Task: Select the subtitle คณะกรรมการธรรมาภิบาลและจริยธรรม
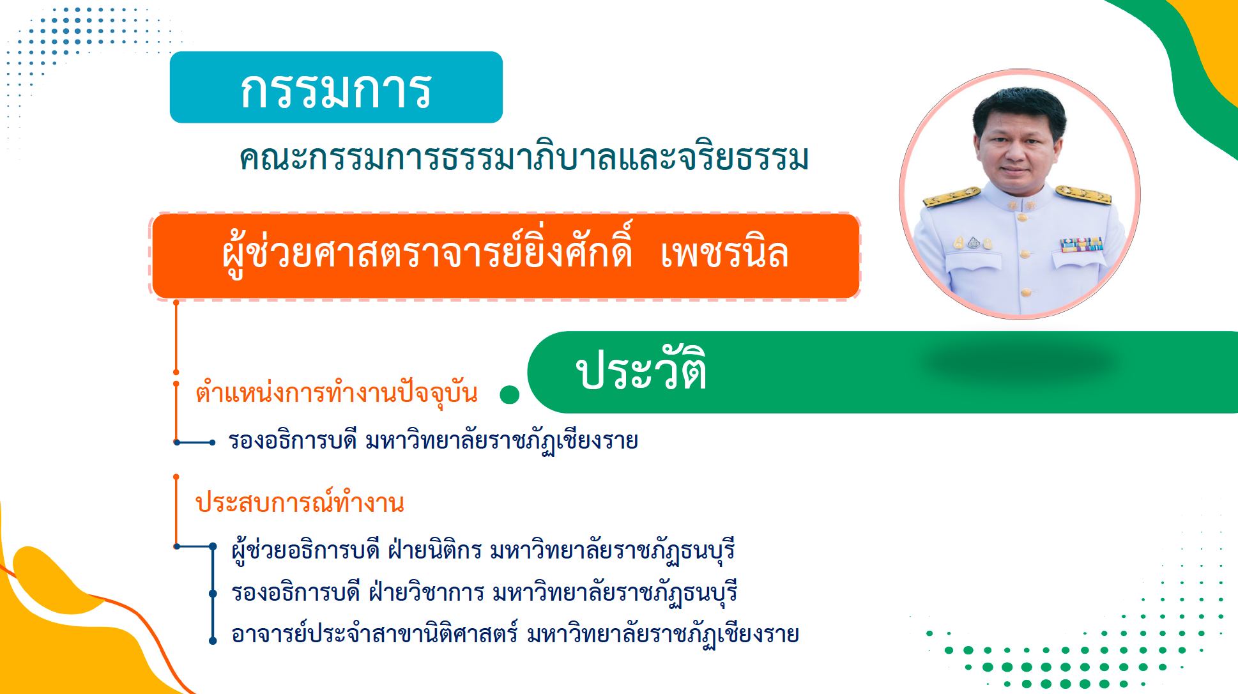click(524, 158)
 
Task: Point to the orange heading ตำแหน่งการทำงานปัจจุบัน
click(337, 392)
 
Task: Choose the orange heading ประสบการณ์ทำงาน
click(300, 503)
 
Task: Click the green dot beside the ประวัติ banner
click(509, 395)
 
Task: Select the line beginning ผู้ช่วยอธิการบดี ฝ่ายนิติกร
click(484, 550)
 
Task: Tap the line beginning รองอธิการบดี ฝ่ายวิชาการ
click(485, 592)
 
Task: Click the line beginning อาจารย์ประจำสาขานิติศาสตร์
click(516, 635)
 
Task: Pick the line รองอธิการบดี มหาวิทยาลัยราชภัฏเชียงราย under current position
click(433, 440)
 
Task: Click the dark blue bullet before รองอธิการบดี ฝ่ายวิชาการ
click(213, 594)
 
